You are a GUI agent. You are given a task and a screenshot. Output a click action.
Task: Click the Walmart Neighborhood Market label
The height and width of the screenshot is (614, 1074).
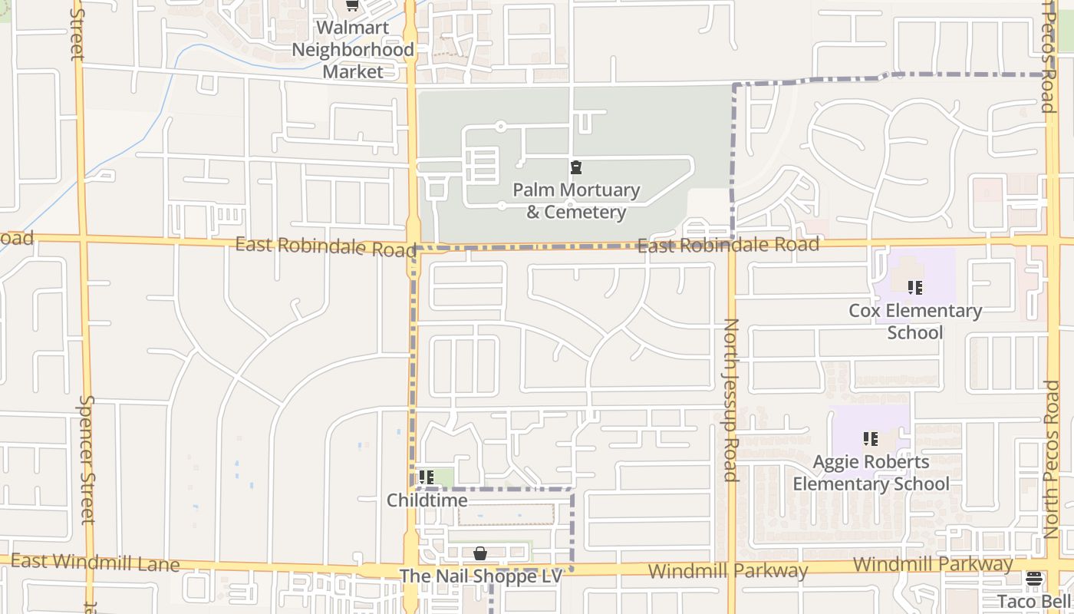[x=352, y=50]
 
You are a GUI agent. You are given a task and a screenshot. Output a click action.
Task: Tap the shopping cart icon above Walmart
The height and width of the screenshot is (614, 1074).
[x=352, y=5]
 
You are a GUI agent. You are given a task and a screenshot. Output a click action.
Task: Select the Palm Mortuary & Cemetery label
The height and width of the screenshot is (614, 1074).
[x=576, y=201]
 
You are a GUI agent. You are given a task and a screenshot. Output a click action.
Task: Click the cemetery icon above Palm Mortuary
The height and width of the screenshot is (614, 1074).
[x=576, y=167]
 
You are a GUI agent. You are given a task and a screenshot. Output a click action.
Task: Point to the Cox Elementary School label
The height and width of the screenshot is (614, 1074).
[x=915, y=322]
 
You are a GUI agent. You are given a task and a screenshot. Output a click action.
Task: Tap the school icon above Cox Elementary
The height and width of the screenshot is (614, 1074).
[x=914, y=288]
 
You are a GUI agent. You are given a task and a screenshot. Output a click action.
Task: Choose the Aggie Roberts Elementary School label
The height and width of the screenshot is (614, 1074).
[x=871, y=473]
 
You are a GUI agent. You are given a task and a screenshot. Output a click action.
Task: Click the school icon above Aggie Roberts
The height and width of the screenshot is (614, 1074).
[x=871, y=439]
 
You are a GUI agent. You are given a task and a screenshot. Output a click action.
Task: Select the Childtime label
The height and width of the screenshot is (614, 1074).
[x=427, y=500]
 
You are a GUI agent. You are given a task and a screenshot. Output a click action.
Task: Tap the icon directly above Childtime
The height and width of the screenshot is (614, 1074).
[x=427, y=477]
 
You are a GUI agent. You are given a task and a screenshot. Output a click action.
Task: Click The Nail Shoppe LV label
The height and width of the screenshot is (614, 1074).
[x=481, y=576]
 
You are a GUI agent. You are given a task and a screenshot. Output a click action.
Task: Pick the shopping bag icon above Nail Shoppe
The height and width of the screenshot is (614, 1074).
[x=480, y=553]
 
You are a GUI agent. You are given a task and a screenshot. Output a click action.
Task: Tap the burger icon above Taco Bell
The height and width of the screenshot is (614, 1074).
[x=1033, y=579]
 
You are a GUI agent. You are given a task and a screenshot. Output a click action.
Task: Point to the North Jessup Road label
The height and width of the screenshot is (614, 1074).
[x=731, y=400]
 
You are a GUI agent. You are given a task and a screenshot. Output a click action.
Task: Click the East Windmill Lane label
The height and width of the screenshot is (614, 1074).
[x=95, y=563]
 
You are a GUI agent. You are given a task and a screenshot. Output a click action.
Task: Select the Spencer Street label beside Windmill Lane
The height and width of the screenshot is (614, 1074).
[x=87, y=459]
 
